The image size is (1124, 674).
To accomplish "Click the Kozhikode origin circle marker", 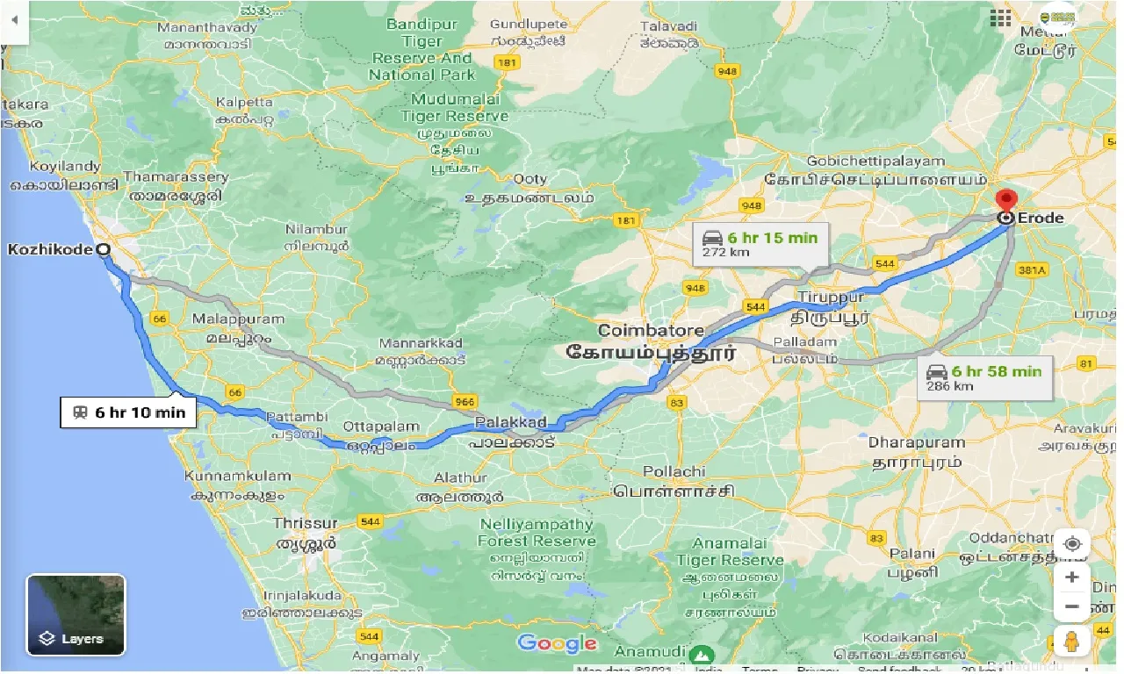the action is (x=104, y=249).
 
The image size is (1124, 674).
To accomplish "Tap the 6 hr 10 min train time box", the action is (x=128, y=412).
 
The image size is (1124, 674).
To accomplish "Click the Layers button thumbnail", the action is (x=76, y=614).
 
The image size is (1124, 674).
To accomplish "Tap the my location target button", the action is (x=1072, y=544).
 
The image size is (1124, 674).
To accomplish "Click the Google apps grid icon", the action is (x=1000, y=18).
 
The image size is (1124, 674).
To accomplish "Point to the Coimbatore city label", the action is (x=651, y=331).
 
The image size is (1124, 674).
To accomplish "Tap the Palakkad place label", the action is (x=510, y=423).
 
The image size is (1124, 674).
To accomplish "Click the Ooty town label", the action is (x=530, y=179).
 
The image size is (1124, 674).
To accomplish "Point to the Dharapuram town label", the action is (x=917, y=442).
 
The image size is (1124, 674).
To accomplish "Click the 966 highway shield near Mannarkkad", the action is (x=465, y=402).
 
